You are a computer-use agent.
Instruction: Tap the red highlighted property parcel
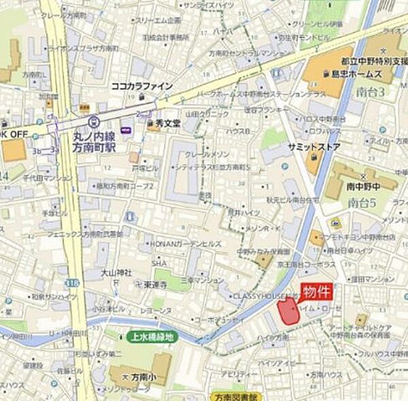[288, 311]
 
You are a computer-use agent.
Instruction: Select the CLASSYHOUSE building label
[261, 296]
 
